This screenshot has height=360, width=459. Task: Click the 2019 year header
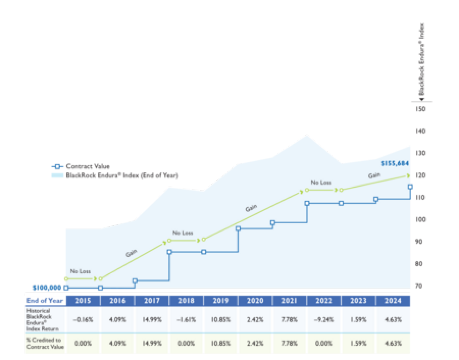coord(221,300)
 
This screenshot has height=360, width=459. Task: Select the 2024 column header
coord(393,300)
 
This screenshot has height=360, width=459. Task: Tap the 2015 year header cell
coord(83,300)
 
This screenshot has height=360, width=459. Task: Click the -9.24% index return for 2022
coord(324,320)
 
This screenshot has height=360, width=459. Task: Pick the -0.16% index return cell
coord(83,320)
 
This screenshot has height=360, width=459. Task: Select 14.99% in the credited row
coord(152,343)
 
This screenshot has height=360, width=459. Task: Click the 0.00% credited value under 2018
coord(186,343)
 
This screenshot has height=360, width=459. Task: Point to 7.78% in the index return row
coord(289,320)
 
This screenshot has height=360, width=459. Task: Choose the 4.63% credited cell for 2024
coord(393,343)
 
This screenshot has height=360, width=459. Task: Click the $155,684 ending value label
coord(395,163)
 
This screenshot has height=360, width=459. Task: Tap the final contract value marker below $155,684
coord(411,187)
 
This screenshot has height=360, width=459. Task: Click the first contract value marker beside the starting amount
coord(66,288)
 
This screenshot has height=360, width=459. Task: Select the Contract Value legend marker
coord(57,166)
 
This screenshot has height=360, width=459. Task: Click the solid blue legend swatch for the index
coord(57,176)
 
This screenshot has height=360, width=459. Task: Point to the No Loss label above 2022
coord(321,183)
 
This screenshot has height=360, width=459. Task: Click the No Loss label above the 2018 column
coord(183,233)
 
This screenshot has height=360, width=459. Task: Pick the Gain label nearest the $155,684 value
coord(374,176)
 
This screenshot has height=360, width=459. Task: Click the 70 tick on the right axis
coord(419,286)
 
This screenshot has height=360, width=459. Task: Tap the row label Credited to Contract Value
coord(45,343)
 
